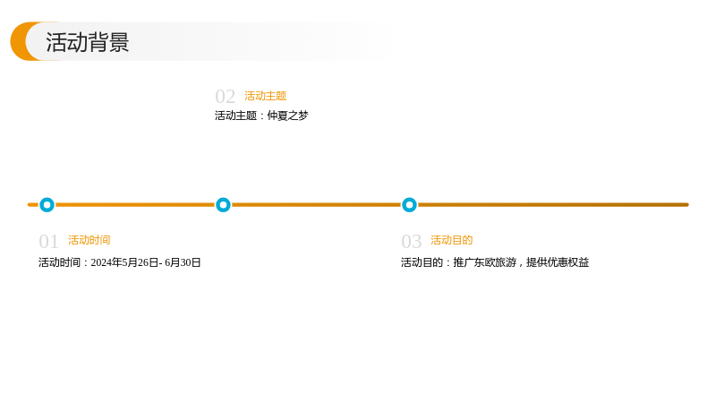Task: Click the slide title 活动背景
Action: click(x=87, y=42)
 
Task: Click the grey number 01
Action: click(x=48, y=241)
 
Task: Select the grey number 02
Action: click(x=225, y=97)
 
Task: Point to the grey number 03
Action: click(x=411, y=241)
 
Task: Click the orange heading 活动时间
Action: click(x=89, y=240)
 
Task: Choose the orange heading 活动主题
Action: click(x=265, y=96)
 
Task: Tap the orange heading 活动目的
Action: click(x=452, y=240)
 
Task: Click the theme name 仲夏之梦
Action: click(x=287, y=116)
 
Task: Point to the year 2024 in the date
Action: click(x=101, y=262)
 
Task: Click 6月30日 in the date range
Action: click(x=183, y=262)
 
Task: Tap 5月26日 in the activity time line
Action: click(x=140, y=262)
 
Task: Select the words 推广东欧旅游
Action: click(x=484, y=262)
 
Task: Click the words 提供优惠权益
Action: click(x=558, y=262)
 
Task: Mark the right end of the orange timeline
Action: click(x=687, y=205)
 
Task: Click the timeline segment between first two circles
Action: click(x=135, y=205)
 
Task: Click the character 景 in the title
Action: click(x=119, y=42)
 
